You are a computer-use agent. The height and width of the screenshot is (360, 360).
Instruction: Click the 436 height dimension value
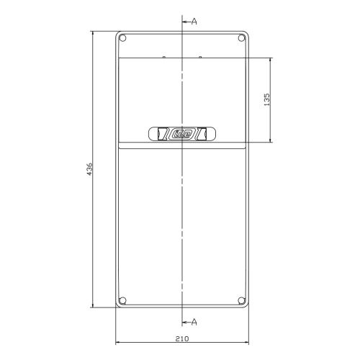coord(89,169)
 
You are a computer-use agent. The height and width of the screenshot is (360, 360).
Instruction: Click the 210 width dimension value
coord(182,339)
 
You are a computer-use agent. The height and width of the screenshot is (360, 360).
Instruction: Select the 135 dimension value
coord(266,99)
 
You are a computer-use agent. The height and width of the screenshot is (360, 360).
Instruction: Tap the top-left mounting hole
coord(122,38)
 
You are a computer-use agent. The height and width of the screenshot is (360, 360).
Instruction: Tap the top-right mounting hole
coord(241,38)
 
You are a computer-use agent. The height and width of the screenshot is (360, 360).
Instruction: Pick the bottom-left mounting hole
coord(122,300)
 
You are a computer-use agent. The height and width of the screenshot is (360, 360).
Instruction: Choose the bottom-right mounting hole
coord(241,300)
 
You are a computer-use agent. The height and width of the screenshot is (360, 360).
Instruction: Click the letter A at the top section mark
coord(194,22)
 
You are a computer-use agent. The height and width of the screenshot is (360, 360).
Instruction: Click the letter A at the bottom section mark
coord(194,322)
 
